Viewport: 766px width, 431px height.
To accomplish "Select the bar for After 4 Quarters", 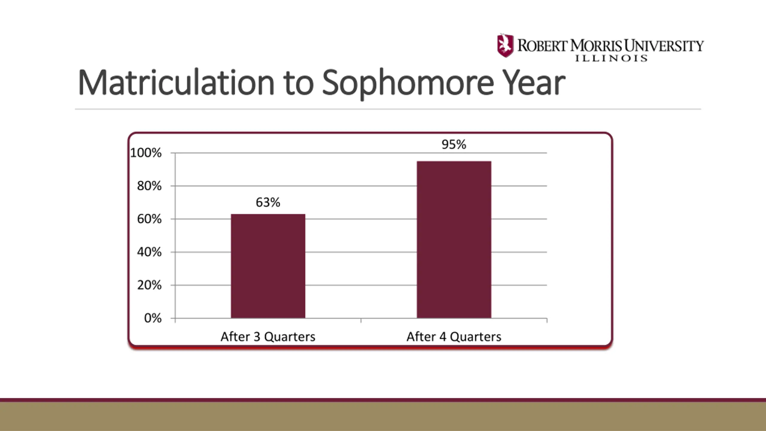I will [x=454, y=239].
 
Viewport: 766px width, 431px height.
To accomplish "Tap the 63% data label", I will [x=268, y=203].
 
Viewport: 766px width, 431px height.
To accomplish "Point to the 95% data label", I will [x=454, y=145].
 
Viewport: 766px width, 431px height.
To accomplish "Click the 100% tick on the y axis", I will [x=146, y=153].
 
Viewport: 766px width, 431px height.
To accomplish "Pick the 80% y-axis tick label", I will [x=149, y=186].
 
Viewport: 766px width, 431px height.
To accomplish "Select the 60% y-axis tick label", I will [x=149, y=219].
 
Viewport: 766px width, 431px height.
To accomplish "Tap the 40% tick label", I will [x=149, y=252].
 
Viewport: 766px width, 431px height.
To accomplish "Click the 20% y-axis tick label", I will [x=149, y=285].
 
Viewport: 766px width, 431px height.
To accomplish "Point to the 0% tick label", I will [x=153, y=318].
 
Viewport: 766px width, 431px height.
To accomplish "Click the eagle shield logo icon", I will [x=505, y=45].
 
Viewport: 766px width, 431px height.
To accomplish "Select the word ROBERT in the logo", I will [x=542, y=46].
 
